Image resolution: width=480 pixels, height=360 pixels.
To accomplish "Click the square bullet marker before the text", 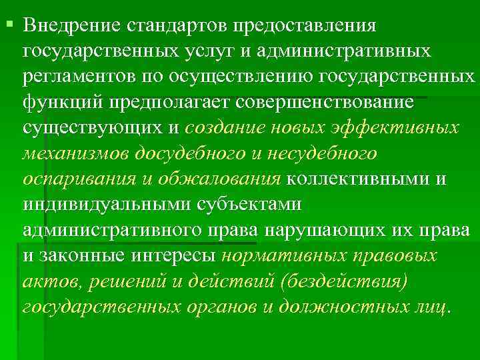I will tap(9, 25).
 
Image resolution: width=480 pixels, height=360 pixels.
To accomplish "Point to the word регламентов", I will tap(79, 78).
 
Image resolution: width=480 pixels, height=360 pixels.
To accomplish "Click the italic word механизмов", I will tap(75, 154).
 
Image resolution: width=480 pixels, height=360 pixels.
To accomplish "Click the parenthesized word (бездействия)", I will tap(344, 281).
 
